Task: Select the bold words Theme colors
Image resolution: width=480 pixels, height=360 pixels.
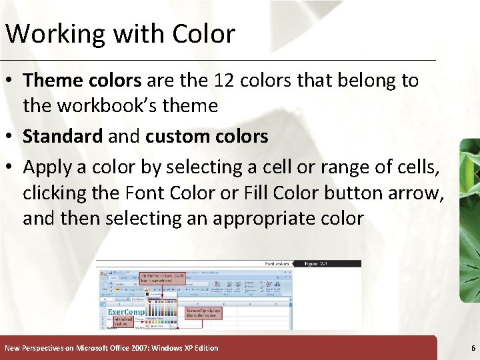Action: [82, 81]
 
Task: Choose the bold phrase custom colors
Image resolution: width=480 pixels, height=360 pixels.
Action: [207, 137]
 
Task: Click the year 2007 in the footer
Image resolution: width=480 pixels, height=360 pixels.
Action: [135, 348]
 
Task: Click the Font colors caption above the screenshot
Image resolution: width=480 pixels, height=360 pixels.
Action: [277, 264]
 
